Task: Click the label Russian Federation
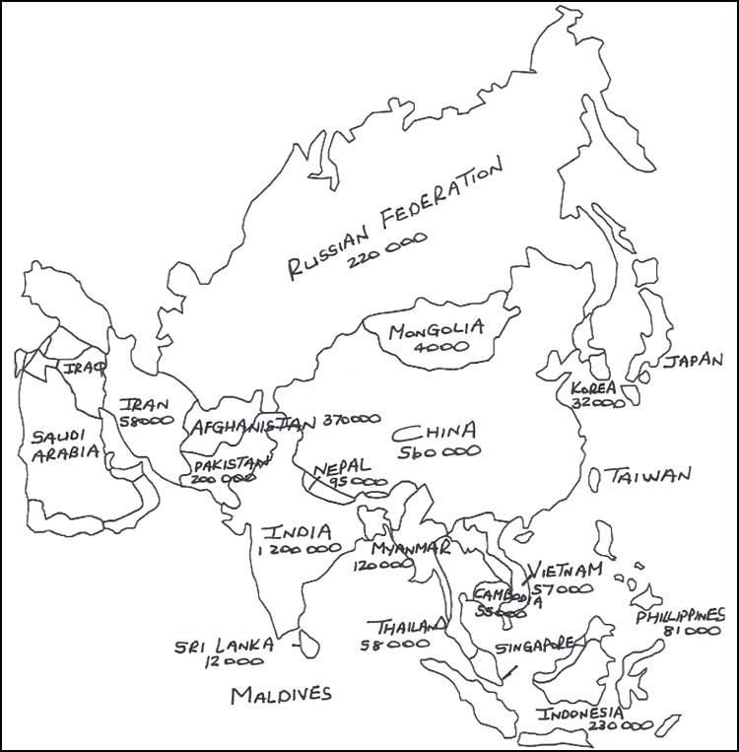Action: pos(394,223)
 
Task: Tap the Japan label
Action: pos(694,361)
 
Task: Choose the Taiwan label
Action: pos(649,476)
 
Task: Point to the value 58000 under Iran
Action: pos(146,421)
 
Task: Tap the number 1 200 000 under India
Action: pos(299,552)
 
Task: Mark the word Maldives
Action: pos(281,695)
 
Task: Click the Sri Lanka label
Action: pos(223,646)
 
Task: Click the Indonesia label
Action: pos(580,713)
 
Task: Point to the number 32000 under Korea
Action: pos(598,403)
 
